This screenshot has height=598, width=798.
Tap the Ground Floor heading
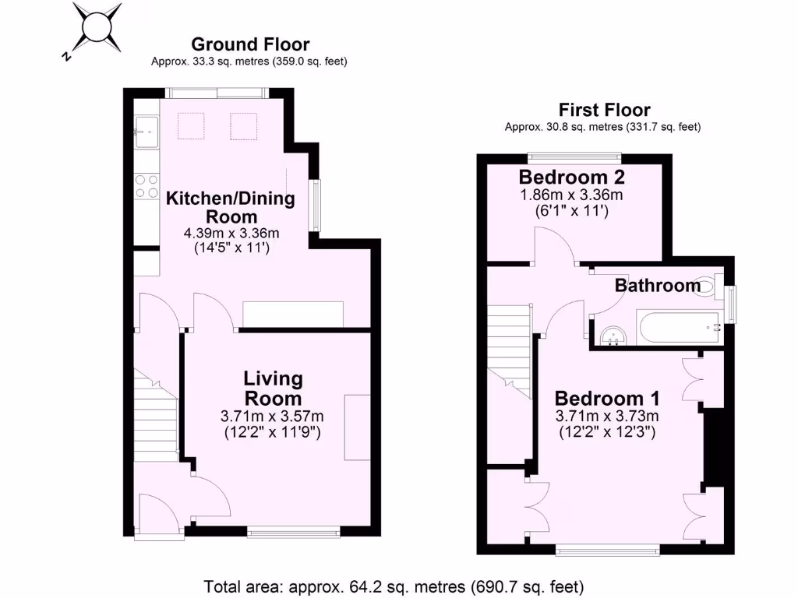[x=250, y=44]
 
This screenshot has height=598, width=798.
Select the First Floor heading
[x=604, y=110]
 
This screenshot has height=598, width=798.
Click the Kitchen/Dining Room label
[x=231, y=207]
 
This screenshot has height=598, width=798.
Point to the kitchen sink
[x=145, y=130]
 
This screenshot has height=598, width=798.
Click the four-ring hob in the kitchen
[x=145, y=188]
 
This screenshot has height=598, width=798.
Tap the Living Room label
[x=273, y=389]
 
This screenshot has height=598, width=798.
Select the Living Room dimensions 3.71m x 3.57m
[x=273, y=416]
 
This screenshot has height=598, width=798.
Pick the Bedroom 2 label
[x=572, y=176]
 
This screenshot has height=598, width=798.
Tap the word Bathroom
[x=658, y=286]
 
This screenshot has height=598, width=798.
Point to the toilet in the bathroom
[x=710, y=286]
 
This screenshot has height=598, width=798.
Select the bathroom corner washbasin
[x=614, y=335]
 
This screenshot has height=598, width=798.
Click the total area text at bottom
[x=394, y=586]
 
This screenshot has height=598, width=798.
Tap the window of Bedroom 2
[x=574, y=153]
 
